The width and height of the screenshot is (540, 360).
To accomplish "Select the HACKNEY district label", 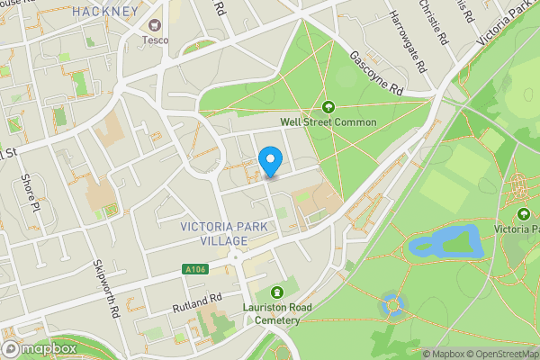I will (x=107, y=12).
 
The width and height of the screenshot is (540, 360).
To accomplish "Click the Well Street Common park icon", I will (x=328, y=106).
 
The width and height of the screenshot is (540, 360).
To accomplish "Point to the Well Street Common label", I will (x=328, y=121).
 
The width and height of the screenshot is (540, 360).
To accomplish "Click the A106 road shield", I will (x=195, y=269).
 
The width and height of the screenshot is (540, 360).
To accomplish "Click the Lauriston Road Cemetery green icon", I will (x=276, y=292).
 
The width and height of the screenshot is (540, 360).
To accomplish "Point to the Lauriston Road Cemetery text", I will (x=276, y=314).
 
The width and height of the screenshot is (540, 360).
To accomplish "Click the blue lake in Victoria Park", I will (x=441, y=243).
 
